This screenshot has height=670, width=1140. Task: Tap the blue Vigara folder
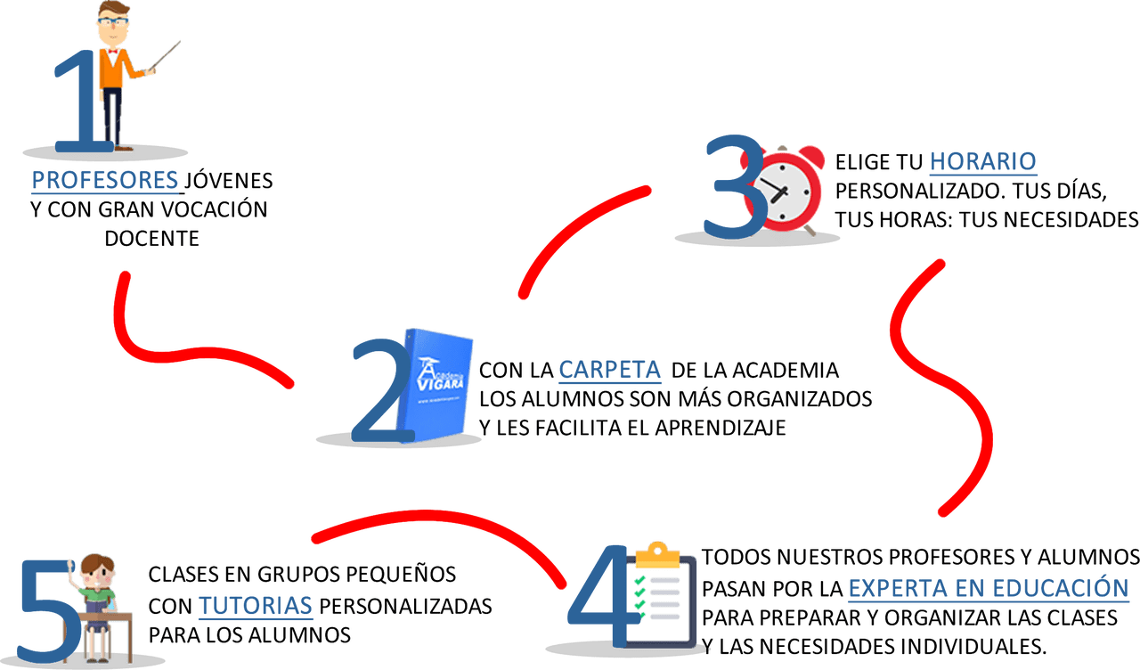[440, 383]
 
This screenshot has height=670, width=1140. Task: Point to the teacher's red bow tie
[112, 52]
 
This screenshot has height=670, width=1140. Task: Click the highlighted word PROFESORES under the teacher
[105, 181]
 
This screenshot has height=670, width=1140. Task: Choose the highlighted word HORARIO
[983, 161]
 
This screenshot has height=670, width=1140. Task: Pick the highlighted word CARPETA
[610, 369]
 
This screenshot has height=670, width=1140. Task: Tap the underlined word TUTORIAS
[256, 606]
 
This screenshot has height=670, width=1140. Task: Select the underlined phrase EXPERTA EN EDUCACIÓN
[989, 588]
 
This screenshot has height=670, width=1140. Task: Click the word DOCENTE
[151, 238]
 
